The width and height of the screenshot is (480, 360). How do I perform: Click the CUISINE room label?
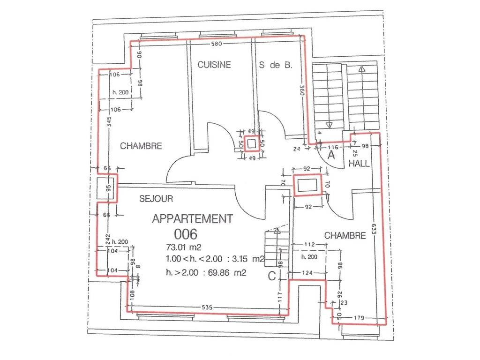(x=214, y=65)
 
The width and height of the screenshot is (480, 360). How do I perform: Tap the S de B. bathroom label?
(x=276, y=65)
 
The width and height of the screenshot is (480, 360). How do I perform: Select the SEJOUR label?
(x=156, y=199)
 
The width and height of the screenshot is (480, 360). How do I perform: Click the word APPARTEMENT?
(x=192, y=219)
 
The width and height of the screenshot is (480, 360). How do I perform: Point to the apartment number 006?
(x=186, y=234)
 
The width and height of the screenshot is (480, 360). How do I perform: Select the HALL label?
(x=359, y=164)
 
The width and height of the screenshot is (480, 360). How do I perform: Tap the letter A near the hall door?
(x=331, y=155)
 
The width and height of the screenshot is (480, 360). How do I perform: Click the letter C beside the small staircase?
(x=272, y=276)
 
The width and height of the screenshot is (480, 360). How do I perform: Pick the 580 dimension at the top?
(x=217, y=44)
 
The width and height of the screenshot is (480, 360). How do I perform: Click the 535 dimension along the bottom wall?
(x=207, y=307)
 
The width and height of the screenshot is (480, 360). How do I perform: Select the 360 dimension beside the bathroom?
(x=302, y=90)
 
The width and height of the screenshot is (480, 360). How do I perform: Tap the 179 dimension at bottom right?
(x=359, y=318)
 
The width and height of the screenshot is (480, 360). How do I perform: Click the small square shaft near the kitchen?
(x=252, y=143)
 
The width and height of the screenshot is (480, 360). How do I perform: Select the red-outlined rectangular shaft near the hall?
(x=307, y=185)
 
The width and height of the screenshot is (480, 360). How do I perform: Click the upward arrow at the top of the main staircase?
(x=362, y=69)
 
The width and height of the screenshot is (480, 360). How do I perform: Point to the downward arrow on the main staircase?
(x=329, y=125)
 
